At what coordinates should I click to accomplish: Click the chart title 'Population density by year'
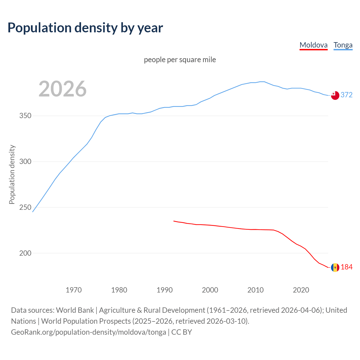(85, 28)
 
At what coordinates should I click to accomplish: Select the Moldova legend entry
(314, 45)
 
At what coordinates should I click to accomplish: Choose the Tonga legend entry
(343, 45)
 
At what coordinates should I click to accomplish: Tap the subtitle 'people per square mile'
(180, 60)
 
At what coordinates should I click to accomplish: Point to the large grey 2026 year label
(62, 89)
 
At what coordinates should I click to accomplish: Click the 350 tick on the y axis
(25, 116)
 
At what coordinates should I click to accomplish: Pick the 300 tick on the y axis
(25, 162)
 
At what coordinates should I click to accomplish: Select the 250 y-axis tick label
(25, 208)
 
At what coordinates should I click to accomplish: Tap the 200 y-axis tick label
(25, 253)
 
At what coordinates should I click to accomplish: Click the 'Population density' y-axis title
(12, 174)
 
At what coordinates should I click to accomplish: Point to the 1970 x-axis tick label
(74, 290)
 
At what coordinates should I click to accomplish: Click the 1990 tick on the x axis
(165, 290)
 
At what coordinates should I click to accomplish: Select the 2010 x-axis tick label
(255, 290)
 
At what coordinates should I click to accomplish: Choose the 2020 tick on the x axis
(301, 290)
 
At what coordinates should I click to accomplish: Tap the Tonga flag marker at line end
(335, 95)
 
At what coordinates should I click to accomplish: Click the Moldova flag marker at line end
(335, 267)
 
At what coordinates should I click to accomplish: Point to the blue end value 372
(346, 95)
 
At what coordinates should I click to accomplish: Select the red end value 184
(346, 267)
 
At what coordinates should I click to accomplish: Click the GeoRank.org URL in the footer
(89, 332)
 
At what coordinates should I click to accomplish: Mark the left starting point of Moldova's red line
(174, 221)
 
